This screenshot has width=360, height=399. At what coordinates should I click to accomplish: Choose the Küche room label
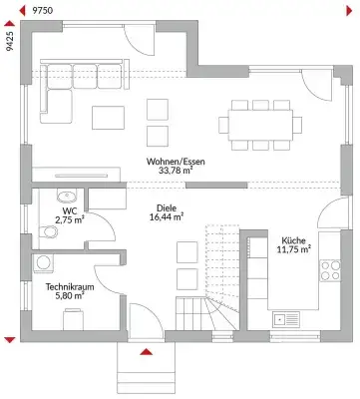[294, 240]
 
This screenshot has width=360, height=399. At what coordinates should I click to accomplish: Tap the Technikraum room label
[69, 286]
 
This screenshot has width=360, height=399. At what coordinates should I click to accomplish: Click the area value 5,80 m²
[69, 297]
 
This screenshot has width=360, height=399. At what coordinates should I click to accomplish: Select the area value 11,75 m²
[294, 250]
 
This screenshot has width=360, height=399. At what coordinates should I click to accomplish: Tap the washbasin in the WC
[68, 196]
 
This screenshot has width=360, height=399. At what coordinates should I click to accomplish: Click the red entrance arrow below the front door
[146, 351]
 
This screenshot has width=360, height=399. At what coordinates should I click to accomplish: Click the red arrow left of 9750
[24, 8]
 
